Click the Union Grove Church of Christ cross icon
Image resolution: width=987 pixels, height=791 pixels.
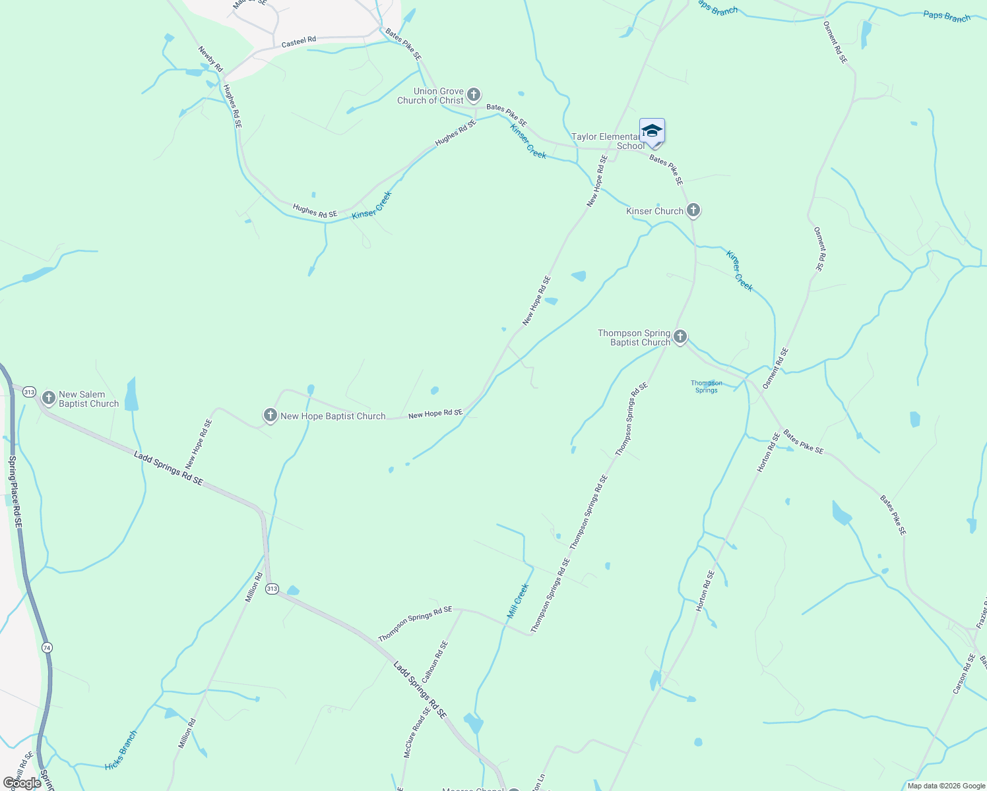pyautogui.click(x=474, y=95)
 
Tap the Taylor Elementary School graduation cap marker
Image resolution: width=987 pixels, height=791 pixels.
pyautogui.click(x=652, y=131)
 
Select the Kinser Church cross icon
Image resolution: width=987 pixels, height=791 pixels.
pyautogui.click(x=693, y=210)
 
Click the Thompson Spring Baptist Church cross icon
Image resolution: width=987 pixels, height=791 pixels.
pyautogui.click(x=680, y=337)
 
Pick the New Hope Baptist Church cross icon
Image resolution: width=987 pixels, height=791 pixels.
pyautogui.click(x=270, y=415)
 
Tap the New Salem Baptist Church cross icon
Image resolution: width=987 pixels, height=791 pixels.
pyautogui.click(x=48, y=398)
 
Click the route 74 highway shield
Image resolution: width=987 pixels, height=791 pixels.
pyautogui.click(x=46, y=647)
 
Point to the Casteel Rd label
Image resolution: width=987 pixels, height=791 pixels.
pyautogui.click(x=299, y=42)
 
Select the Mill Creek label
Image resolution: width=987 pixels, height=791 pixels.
pyautogui.click(x=518, y=601)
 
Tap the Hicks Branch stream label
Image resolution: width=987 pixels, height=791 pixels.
pyautogui.click(x=121, y=750)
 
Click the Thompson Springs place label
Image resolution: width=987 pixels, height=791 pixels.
pyautogui.click(x=706, y=386)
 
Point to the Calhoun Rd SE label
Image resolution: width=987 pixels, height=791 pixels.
pyautogui.click(x=435, y=662)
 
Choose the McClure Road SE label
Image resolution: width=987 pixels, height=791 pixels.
pyautogui.click(x=417, y=732)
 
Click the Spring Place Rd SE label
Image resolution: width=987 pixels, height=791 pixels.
pyautogui.click(x=15, y=490)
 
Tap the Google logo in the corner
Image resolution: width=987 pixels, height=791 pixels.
pyautogui.click(x=22, y=783)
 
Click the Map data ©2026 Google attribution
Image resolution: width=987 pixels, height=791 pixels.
pyautogui.click(x=945, y=786)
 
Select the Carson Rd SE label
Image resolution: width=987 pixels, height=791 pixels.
pyautogui.click(x=964, y=674)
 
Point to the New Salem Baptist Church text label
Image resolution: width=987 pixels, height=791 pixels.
pyautogui.click(x=88, y=399)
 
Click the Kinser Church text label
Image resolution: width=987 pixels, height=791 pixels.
pyautogui.click(x=654, y=211)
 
